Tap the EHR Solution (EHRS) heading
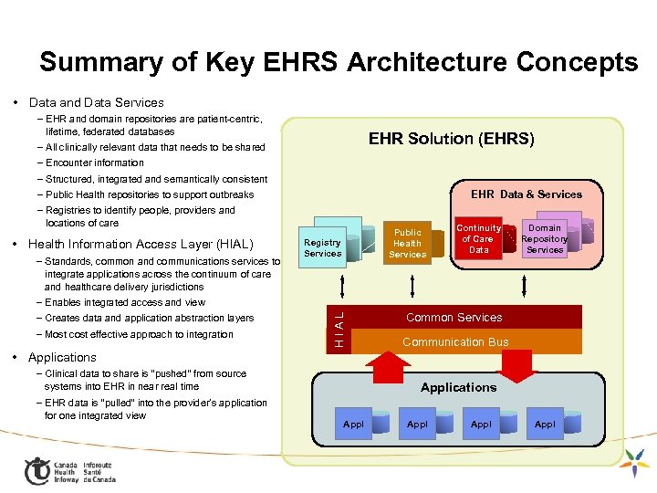coord(451,139)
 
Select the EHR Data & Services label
coord(526,194)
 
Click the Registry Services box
coord(322,247)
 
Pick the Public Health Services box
coord(407,244)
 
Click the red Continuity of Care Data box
coord(478,239)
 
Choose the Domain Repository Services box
coord(545,238)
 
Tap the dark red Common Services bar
coord(454,318)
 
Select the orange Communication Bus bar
coord(455,341)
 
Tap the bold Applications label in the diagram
coord(458,387)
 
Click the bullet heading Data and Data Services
coord(96,102)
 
